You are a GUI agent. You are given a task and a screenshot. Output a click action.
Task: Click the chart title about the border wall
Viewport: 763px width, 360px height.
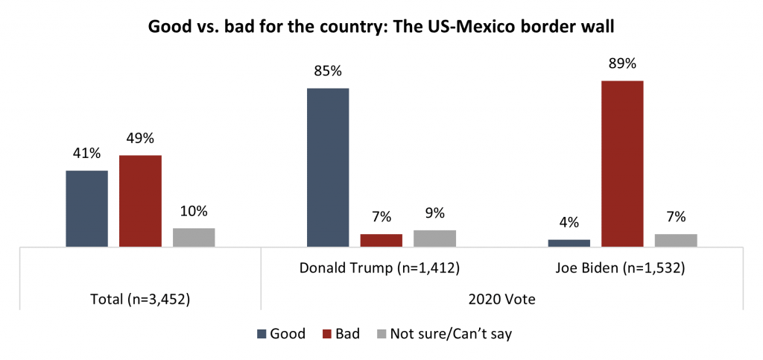pos(381,27)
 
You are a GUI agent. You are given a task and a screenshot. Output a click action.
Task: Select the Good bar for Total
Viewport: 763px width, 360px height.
pos(86,208)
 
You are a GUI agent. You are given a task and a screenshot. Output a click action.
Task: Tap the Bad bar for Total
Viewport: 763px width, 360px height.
pos(140,200)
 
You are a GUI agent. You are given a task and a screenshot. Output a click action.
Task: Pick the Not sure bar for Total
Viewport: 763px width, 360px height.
pos(194,237)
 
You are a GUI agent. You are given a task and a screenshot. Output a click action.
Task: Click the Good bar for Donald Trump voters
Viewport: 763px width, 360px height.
pos(328,167)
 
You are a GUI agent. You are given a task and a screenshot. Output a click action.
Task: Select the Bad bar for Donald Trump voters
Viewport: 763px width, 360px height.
pos(381,240)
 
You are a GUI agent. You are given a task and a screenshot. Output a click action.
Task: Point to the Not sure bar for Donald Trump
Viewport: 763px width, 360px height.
pos(434,238)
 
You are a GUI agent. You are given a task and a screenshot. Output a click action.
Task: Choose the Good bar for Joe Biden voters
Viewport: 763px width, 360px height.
pos(569,242)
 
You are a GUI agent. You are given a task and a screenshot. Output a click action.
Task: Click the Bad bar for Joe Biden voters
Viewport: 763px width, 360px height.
pos(622,163)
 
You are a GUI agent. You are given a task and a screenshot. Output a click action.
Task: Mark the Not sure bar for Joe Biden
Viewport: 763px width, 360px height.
pos(676,240)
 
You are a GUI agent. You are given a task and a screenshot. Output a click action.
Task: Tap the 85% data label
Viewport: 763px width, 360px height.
pos(328,72)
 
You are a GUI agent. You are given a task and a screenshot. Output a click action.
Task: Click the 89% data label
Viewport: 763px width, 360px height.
pos(622,64)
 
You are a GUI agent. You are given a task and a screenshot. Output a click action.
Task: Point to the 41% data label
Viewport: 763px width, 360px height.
pos(86,154)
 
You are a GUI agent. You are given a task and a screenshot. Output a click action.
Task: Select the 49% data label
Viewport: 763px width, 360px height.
pos(140,139)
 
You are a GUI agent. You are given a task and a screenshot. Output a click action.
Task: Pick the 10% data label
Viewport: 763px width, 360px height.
pos(194,212)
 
